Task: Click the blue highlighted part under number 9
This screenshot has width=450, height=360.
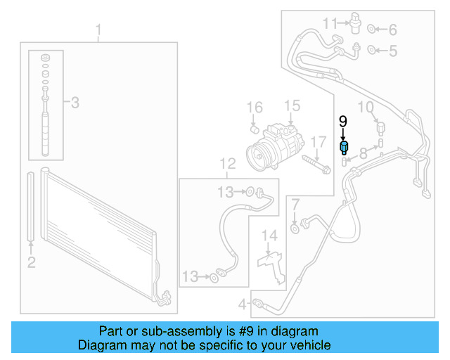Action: click(x=344, y=148)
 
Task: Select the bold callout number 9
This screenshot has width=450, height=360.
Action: click(x=343, y=121)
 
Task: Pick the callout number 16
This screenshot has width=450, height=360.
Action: click(x=255, y=108)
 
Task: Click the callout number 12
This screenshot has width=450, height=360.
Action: click(x=227, y=165)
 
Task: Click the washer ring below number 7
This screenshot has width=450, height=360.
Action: click(x=295, y=226)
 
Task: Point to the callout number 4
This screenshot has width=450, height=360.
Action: click(x=242, y=305)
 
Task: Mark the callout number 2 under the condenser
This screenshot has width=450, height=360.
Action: click(x=31, y=263)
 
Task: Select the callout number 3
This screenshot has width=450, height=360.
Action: click(x=74, y=103)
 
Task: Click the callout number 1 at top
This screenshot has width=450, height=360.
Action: click(x=98, y=30)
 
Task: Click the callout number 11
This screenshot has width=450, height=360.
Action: click(x=330, y=25)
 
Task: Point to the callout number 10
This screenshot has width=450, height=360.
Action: click(x=366, y=107)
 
